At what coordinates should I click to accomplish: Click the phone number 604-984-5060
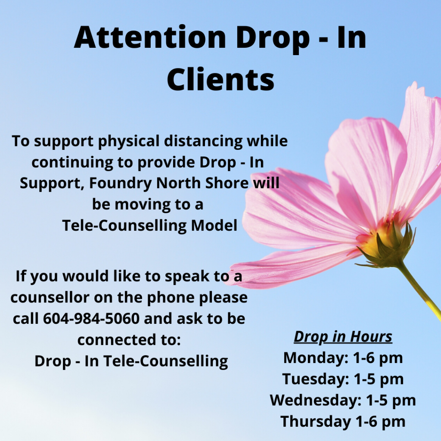click(x=91, y=318)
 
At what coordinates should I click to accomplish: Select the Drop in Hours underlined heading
click(x=343, y=337)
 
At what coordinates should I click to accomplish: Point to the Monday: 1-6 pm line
click(x=343, y=358)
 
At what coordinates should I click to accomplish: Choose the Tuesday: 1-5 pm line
click(x=343, y=379)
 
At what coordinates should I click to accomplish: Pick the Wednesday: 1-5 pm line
click(x=343, y=400)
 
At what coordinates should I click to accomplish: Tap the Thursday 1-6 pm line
click(x=343, y=421)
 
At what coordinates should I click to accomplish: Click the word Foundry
click(x=121, y=183)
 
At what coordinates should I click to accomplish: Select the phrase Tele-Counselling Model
click(x=149, y=225)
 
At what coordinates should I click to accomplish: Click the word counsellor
click(x=50, y=297)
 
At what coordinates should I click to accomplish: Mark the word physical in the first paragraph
click(x=128, y=141)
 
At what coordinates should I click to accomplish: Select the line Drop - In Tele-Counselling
click(x=131, y=361)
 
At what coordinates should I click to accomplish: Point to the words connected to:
click(x=129, y=340)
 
